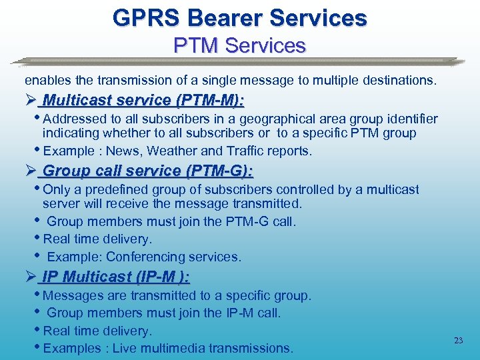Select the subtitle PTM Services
point(239,45)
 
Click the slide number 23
point(458,341)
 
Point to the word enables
point(47,81)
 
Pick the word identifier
point(410,119)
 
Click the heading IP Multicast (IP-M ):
point(116,277)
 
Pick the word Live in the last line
point(124,349)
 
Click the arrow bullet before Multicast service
point(29,101)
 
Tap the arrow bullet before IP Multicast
point(29,277)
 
